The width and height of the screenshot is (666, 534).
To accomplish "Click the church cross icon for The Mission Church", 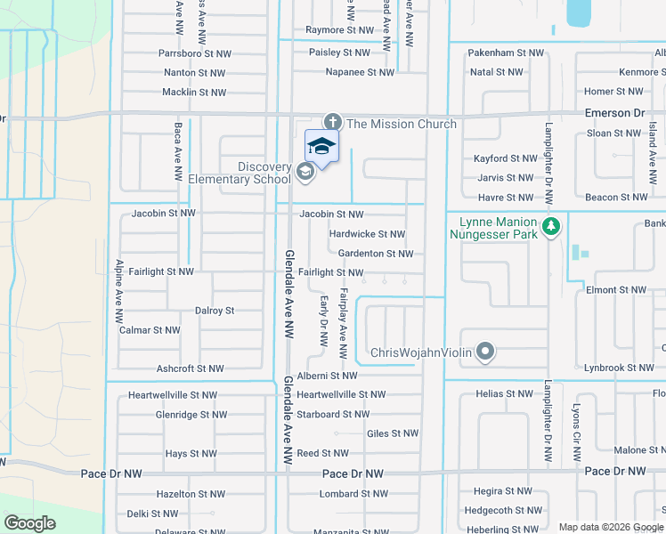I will click(333, 123).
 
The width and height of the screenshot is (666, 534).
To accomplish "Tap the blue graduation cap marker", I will click(321, 147).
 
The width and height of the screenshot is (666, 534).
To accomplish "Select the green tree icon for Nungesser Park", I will click(551, 227).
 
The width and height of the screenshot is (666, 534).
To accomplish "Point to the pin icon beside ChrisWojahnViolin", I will click(485, 352).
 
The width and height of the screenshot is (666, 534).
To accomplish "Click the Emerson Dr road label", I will click(614, 113).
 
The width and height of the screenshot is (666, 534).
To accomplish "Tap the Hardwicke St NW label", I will click(367, 234).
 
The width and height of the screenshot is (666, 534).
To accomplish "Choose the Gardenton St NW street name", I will click(375, 254).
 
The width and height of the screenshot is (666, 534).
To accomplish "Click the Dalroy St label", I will click(215, 311).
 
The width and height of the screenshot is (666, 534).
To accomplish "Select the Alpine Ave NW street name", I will click(118, 291).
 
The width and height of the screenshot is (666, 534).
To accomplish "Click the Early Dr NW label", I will click(324, 321).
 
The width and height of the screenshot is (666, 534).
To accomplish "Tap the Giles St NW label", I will click(393, 434).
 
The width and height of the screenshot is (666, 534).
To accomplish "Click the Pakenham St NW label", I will click(506, 53).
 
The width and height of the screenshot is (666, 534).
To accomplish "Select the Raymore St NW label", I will click(337, 30).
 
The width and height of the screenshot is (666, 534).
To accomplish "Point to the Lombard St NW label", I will click(353, 494).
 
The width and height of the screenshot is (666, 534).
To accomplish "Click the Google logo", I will click(30, 523).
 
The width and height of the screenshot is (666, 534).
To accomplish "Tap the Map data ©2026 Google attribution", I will click(610, 527).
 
